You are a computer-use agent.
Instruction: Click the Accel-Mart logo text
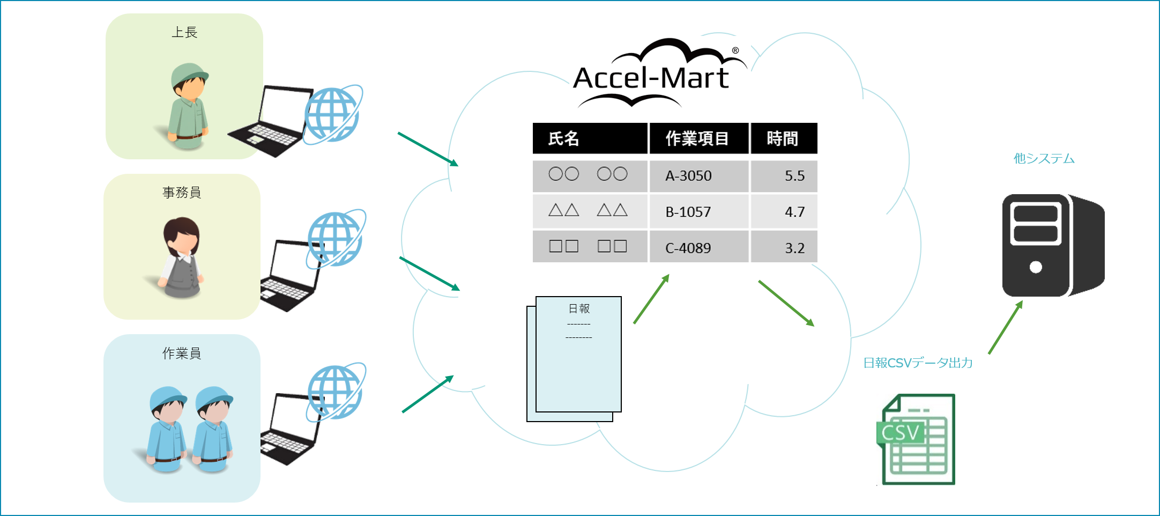(x=651, y=78)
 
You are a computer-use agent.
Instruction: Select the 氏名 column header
(x=563, y=139)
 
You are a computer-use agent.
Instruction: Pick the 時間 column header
(x=783, y=139)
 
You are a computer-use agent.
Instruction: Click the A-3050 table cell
(x=688, y=176)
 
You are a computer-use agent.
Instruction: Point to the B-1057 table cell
(x=688, y=212)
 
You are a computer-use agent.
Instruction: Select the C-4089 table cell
(x=688, y=248)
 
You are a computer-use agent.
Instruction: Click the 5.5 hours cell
(x=794, y=176)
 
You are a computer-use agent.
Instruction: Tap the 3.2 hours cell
(x=794, y=248)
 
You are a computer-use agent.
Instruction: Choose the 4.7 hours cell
(x=794, y=212)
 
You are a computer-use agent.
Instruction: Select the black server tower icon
(x=1052, y=245)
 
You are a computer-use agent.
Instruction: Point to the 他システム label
(x=1044, y=159)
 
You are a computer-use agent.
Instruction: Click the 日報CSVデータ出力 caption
(x=918, y=363)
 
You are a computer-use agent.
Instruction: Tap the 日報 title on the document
(x=579, y=308)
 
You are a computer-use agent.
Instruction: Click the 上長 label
(x=184, y=33)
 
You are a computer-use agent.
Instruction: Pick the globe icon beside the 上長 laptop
(x=332, y=115)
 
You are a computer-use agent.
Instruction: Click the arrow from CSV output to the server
(x=1005, y=328)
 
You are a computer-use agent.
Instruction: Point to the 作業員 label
(x=182, y=353)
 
